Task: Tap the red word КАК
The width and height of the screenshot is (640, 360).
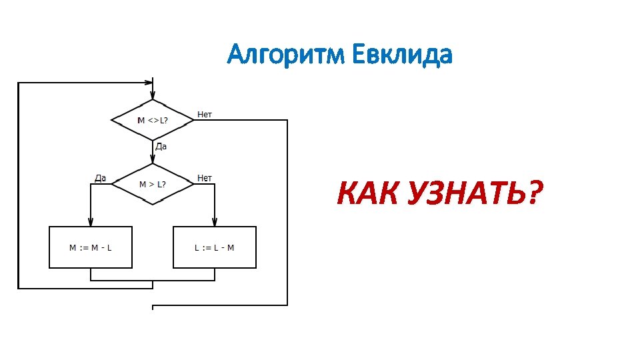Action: [367, 194]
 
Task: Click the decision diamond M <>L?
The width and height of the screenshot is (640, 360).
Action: [153, 121]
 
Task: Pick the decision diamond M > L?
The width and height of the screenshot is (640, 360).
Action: [153, 184]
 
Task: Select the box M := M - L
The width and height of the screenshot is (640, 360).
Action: [91, 247]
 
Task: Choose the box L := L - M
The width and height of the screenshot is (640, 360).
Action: [215, 247]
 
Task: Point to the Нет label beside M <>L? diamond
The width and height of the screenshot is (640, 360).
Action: [205, 115]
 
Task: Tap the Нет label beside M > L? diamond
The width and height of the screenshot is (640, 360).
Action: [205, 178]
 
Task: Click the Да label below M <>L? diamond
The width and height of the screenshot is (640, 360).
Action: [161, 146]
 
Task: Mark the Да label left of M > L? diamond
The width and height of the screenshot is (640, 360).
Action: [101, 178]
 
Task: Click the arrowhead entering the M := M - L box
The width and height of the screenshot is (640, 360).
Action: [91, 223]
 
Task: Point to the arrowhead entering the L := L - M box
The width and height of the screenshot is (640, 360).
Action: [215, 223]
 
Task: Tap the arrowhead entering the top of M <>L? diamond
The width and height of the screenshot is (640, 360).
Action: [153, 95]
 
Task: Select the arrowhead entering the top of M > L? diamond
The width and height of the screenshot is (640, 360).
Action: [153, 159]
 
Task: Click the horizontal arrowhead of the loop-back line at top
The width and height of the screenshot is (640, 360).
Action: [148, 83]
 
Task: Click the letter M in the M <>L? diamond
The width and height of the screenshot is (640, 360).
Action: [141, 121]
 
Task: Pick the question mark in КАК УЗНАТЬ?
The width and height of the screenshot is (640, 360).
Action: [533, 194]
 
